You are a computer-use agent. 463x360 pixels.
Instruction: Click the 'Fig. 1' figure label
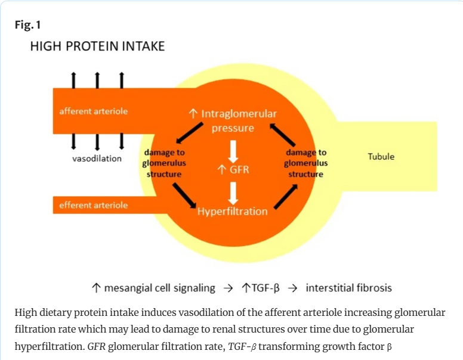tap(27, 26)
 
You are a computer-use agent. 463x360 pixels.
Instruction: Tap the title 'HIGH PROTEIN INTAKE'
tap(97, 46)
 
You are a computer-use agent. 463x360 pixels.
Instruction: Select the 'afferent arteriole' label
tap(93, 111)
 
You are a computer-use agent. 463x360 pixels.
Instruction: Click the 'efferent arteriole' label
tap(93, 205)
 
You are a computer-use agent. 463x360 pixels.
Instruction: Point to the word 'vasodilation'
tap(97, 159)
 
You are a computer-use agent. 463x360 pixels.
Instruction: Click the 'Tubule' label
tap(381, 157)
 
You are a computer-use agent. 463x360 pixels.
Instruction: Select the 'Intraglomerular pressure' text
tap(233, 120)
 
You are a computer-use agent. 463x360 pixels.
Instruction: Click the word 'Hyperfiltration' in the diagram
tap(233, 211)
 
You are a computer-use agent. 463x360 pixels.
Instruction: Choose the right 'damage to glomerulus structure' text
tap(306, 163)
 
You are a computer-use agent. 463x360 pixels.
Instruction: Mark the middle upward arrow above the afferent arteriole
tap(97, 79)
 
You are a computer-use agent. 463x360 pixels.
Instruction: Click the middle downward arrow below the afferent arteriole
tap(97, 141)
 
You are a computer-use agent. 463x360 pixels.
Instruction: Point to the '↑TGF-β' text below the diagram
tap(260, 288)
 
